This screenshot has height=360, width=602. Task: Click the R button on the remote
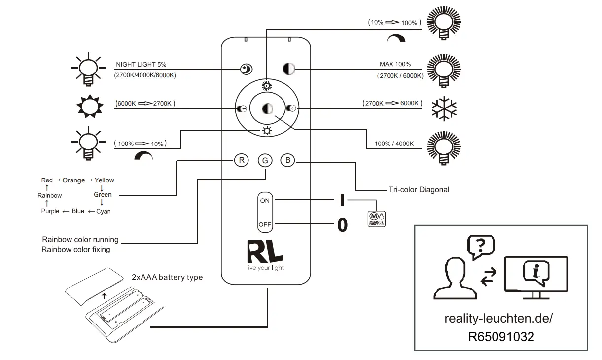point(241,160)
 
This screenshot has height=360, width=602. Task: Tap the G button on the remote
point(265,161)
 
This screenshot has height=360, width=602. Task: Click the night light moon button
point(246,69)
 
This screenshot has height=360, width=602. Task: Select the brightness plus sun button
point(267,86)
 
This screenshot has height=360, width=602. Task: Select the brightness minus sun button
point(267,131)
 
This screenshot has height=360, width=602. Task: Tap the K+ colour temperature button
point(291,108)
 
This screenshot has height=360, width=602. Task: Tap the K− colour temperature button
point(241,108)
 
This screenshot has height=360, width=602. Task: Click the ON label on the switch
point(265,201)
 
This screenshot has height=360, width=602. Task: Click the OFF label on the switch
point(265,224)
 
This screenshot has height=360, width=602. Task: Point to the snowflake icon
point(444,108)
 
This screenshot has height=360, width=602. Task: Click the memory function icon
point(376,219)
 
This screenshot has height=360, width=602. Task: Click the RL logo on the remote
point(265,252)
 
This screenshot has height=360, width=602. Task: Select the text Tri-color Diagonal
point(419,190)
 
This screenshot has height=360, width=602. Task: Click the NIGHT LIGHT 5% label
point(141,65)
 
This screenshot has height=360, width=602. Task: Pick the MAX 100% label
point(395,64)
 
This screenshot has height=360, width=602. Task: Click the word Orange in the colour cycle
point(73,180)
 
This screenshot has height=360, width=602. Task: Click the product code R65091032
point(501,337)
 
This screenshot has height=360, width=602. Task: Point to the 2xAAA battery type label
point(167,277)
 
